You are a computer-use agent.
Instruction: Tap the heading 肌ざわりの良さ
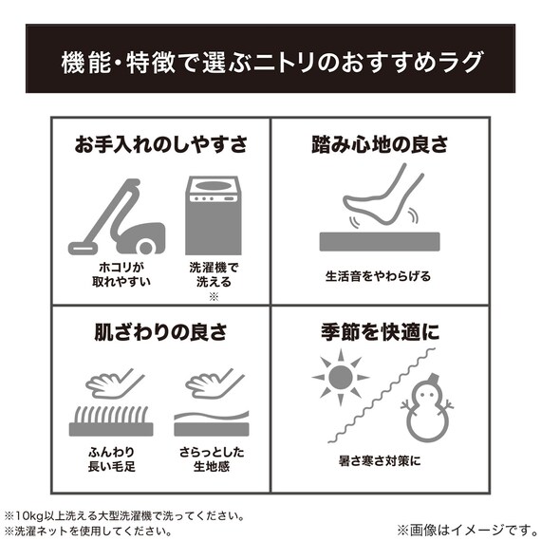[160, 334]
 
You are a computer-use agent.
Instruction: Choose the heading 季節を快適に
[379, 334]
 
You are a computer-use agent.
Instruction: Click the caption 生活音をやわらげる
[378, 276]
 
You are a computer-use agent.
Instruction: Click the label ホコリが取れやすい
[110, 275]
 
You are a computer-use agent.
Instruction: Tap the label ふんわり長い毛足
[110, 459]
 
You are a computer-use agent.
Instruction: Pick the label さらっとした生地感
[210, 459]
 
